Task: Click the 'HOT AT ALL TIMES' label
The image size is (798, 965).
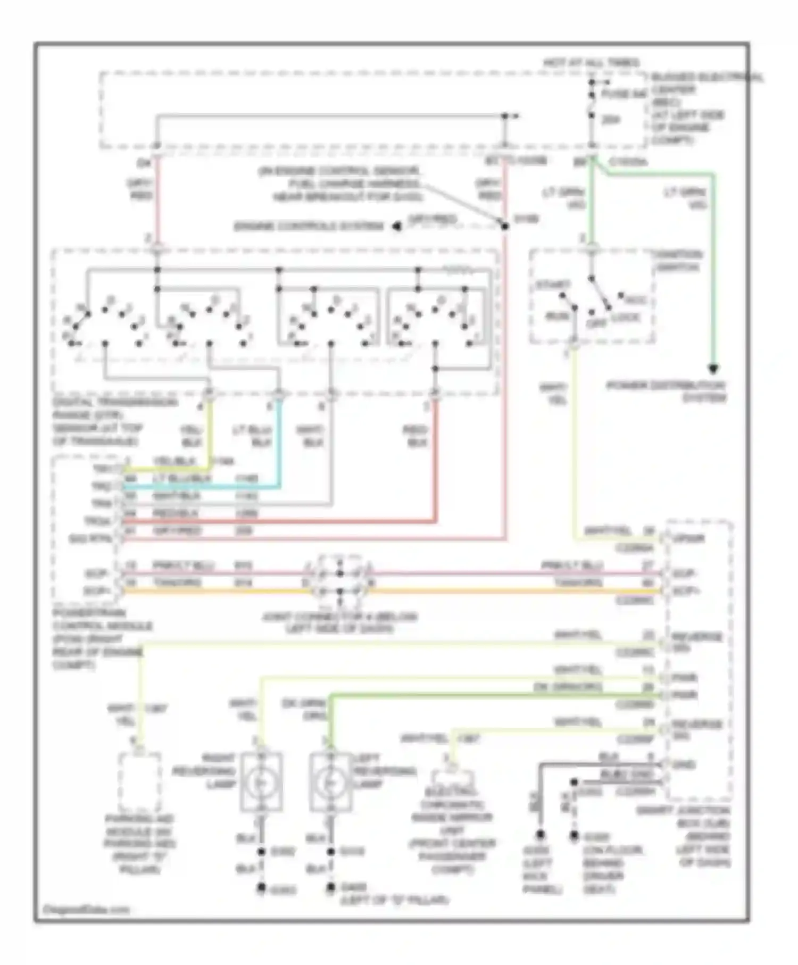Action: pyautogui.click(x=591, y=63)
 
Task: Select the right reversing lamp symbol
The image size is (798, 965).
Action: pyautogui.click(x=261, y=782)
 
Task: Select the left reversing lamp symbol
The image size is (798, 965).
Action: pyautogui.click(x=330, y=782)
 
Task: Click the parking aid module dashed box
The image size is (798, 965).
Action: pyautogui.click(x=139, y=781)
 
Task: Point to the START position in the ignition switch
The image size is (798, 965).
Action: pyautogui.click(x=553, y=285)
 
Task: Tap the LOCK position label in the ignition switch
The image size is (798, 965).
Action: pyautogui.click(x=626, y=318)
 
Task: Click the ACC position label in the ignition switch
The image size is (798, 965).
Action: pyautogui.click(x=635, y=300)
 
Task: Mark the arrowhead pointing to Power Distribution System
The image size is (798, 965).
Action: pyautogui.click(x=713, y=369)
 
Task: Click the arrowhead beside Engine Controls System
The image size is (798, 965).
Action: pyautogui.click(x=397, y=227)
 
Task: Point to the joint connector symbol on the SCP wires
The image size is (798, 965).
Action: pyautogui.click(x=340, y=583)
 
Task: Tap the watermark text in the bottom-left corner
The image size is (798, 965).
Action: pyautogui.click(x=86, y=909)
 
